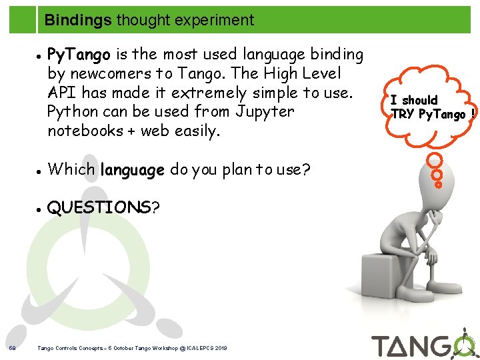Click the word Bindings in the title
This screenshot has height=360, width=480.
(78, 20)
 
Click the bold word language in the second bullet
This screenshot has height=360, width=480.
(132, 169)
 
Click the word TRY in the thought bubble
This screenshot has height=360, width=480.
(401, 114)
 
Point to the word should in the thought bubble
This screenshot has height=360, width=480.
(419, 101)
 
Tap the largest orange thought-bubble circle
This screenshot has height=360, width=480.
(434, 161)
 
